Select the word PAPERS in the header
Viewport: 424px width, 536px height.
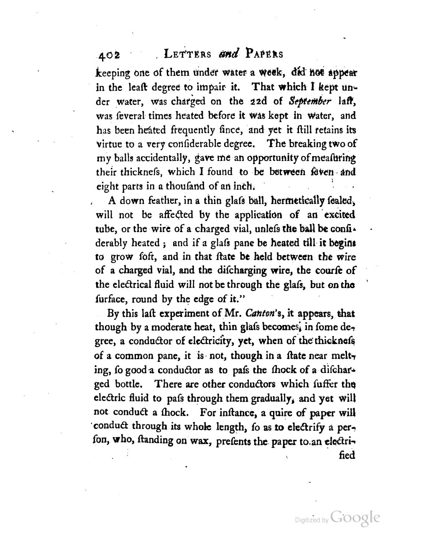point(265,54)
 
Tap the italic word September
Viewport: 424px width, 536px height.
point(311,101)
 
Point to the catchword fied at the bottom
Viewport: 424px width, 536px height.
point(347,455)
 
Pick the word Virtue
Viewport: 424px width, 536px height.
point(110,143)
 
